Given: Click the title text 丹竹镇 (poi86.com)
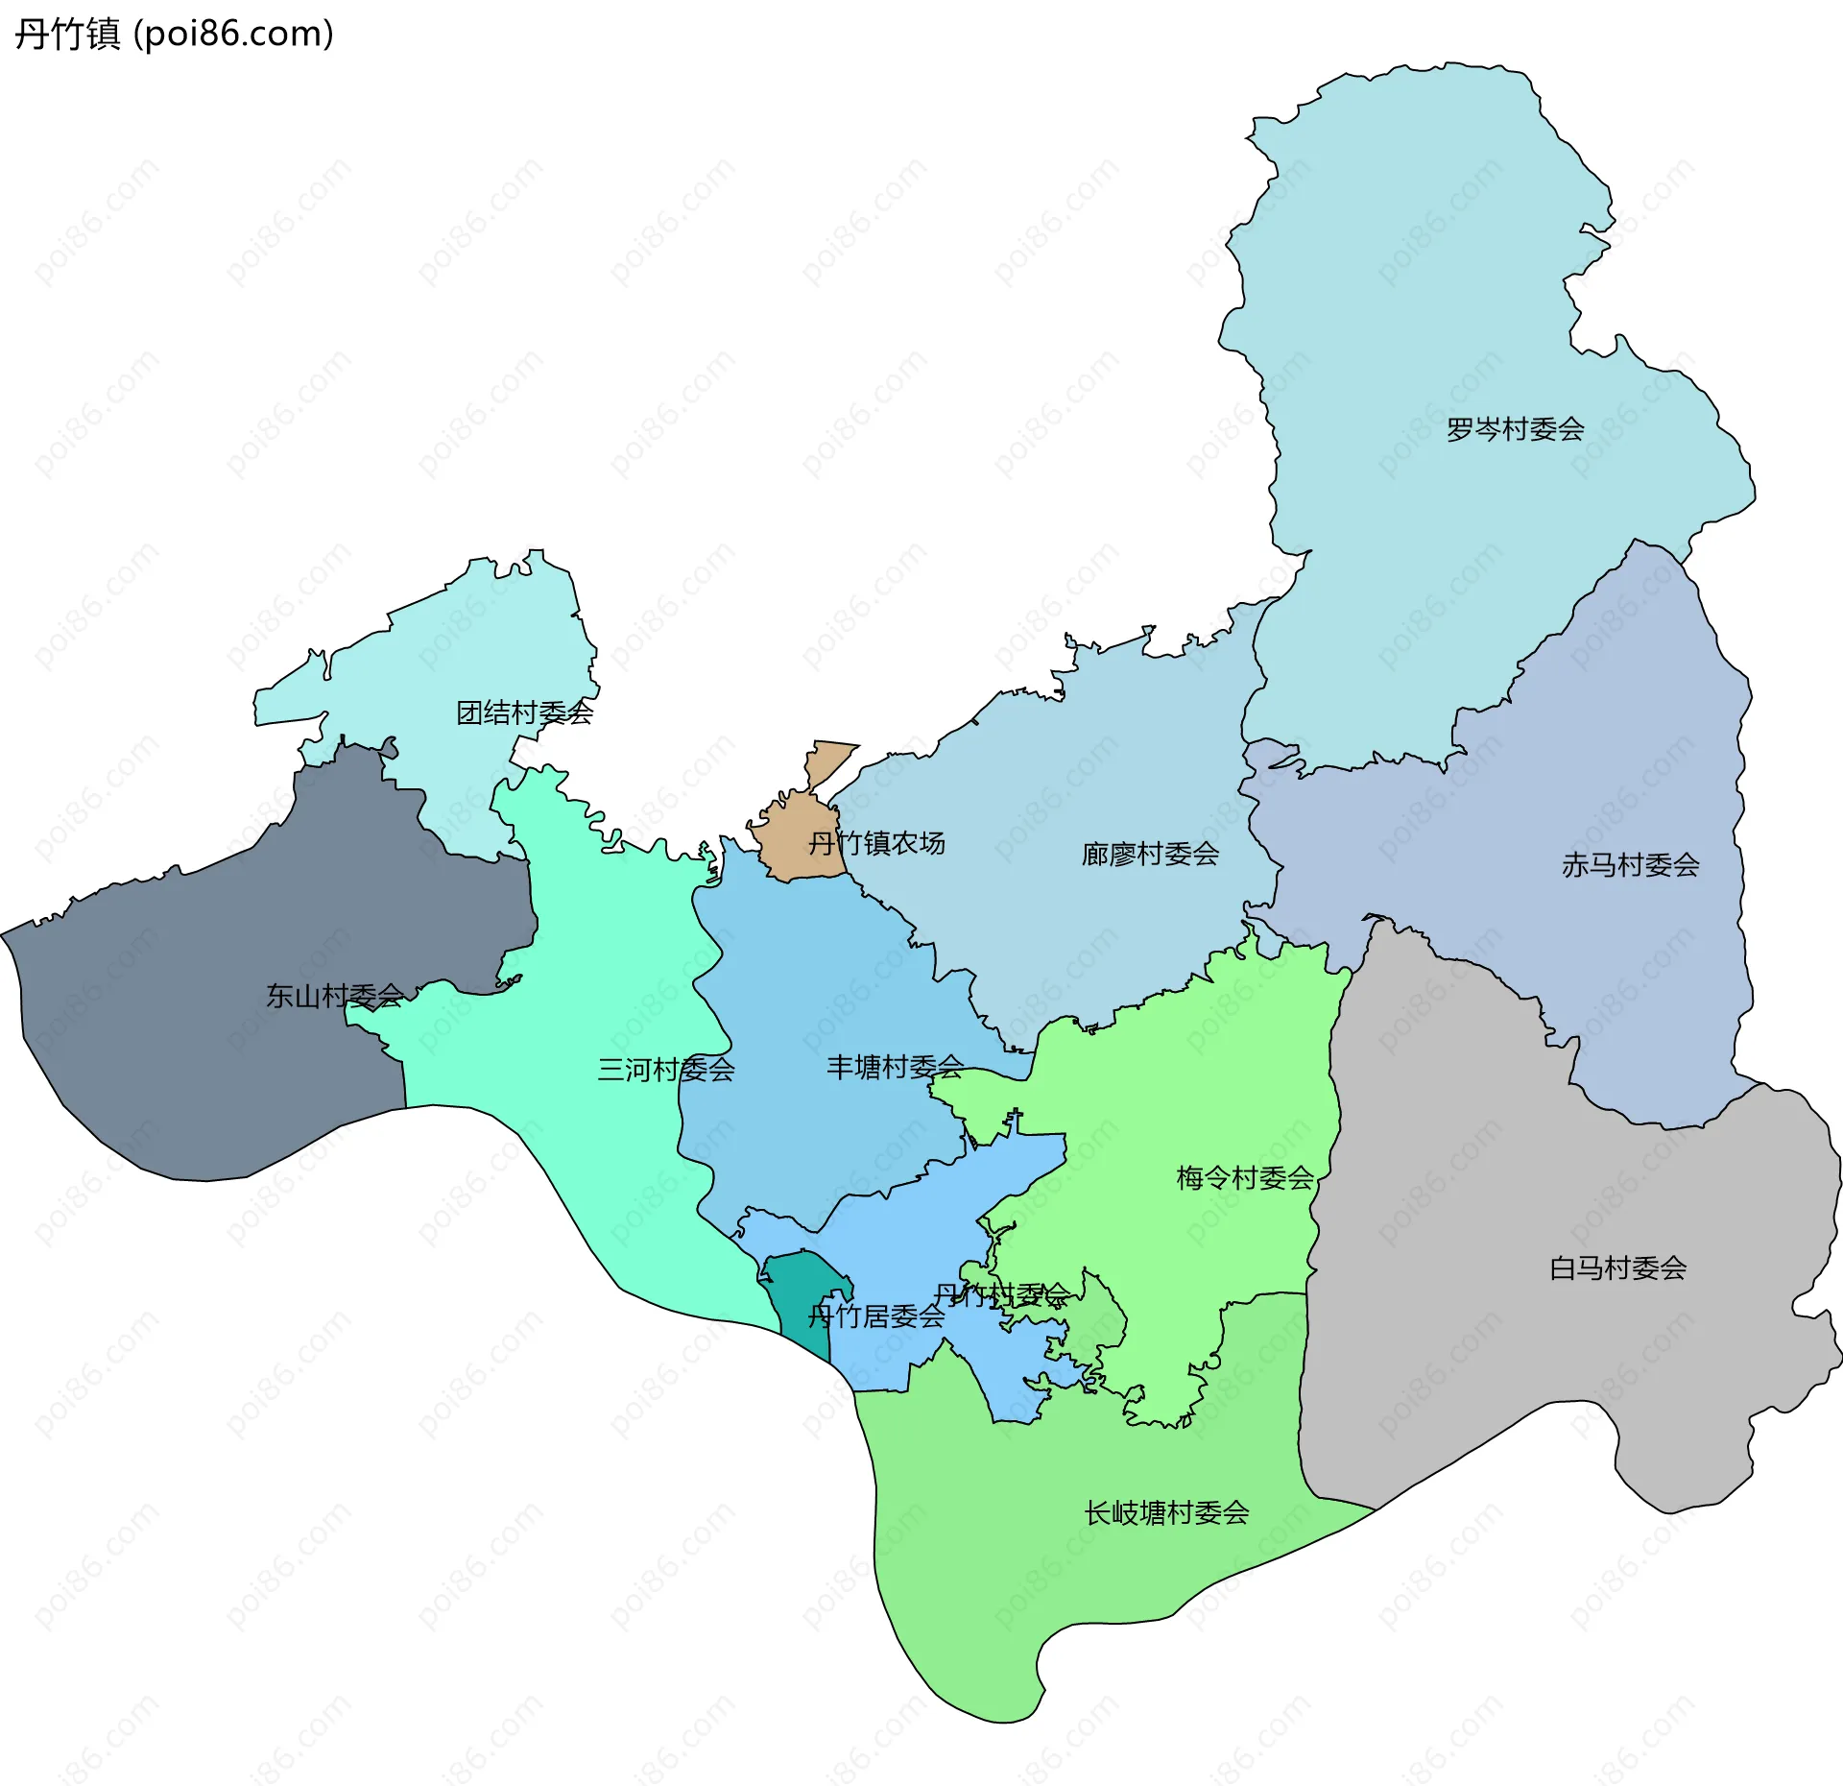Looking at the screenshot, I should click(x=174, y=34).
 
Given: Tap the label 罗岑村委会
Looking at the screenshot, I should click(x=1515, y=429).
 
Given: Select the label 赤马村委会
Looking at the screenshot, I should click(x=1630, y=865).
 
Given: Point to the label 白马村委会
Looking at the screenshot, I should click(x=1617, y=1268).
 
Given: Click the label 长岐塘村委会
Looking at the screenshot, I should click(x=1166, y=1513).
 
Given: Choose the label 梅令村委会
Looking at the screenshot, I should click(x=1245, y=1178).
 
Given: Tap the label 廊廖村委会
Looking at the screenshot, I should click(x=1150, y=854).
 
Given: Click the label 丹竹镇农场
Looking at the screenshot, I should click(x=875, y=843).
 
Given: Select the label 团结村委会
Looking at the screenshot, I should click(x=524, y=712).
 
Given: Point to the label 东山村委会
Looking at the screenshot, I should click(x=334, y=996).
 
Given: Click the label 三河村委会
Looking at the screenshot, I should click(x=666, y=1070).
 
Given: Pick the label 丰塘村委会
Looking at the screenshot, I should click(x=895, y=1067).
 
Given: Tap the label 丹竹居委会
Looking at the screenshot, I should click(x=875, y=1316).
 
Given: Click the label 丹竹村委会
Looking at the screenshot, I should click(x=1001, y=1295).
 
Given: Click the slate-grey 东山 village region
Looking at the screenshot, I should click(x=192, y=1056).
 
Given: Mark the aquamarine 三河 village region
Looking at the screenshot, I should click(x=595, y=960).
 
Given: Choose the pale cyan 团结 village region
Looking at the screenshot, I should click(x=451, y=653).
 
